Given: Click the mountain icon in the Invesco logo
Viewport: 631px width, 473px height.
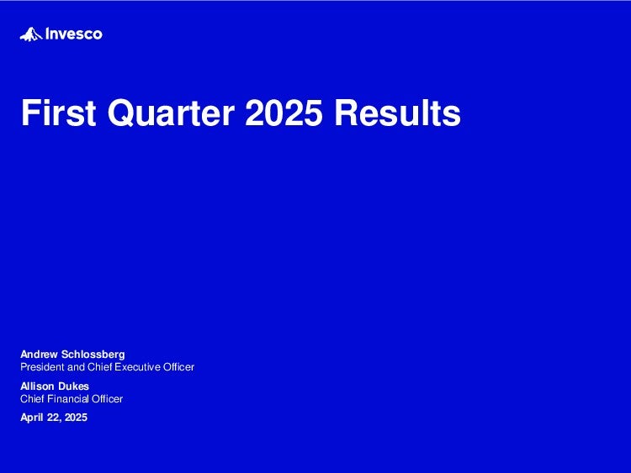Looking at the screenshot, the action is (31, 34).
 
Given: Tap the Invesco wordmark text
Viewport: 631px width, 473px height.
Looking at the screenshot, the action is (74, 34).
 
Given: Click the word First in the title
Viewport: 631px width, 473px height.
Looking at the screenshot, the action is (58, 113).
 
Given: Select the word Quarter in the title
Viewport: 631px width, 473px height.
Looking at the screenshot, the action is (171, 113).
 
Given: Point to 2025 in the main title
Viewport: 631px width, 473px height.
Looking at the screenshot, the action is (284, 113).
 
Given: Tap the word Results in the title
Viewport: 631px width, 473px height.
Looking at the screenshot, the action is (398, 113).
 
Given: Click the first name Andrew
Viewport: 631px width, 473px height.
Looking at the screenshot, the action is (39, 355).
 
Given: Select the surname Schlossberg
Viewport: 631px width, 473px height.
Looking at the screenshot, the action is (93, 355).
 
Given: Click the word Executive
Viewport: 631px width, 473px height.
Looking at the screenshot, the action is (138, 367).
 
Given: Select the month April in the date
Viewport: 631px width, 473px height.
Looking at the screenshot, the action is (32, 418).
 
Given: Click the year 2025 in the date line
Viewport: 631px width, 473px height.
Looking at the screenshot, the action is (76, 418).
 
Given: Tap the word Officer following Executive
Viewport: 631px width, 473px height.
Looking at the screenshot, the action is (178, 367).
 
